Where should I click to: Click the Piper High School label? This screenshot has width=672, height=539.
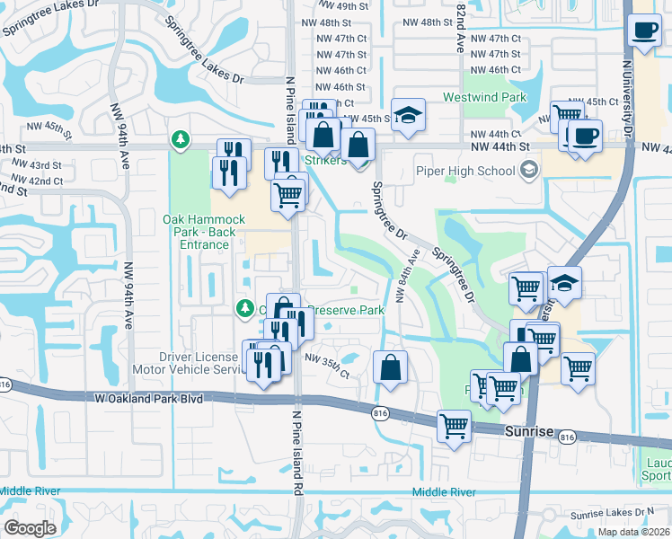pos(464,171)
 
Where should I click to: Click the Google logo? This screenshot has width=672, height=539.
pos(31,528)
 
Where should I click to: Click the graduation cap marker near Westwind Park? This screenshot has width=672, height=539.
pos(408,116)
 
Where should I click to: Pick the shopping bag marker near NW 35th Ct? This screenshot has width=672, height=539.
pos(390,367)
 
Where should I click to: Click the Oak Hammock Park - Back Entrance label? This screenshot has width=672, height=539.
pos(197,232)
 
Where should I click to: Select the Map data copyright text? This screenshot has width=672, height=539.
pos(633,532)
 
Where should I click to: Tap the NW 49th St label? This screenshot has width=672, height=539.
pos(342,7)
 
